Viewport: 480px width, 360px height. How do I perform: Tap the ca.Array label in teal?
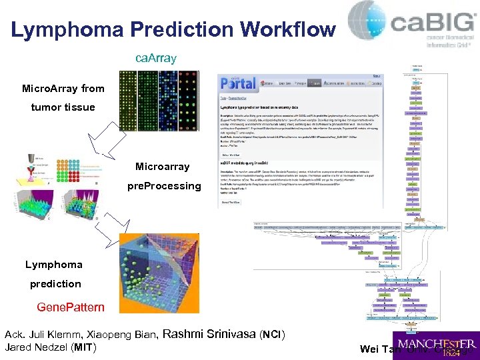tap(156, 58)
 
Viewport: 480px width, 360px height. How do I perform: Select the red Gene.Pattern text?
tap(71, 307)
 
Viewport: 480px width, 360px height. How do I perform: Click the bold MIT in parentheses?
tap(85, 347)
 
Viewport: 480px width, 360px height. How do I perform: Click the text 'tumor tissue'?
tap(63, 107)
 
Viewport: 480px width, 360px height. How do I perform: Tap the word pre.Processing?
tap(163, 185)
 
